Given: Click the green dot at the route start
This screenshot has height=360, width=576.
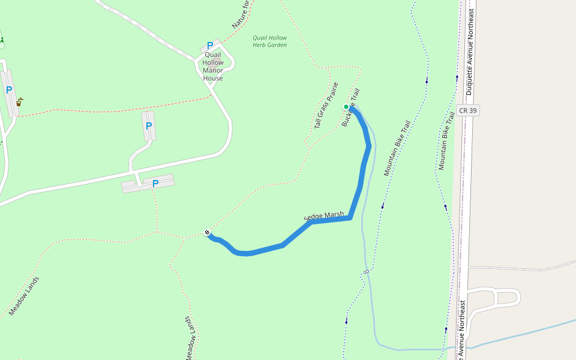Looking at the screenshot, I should click(x=346, y=107).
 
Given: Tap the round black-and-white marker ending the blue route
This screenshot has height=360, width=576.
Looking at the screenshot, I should click(x=207, y=233).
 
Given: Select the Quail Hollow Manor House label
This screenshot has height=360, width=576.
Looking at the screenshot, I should click(x=213, y=67).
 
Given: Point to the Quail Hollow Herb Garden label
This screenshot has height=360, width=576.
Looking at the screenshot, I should click(x=269, y=41).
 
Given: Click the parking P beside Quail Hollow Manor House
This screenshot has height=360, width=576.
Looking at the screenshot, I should click(x=210, y=46).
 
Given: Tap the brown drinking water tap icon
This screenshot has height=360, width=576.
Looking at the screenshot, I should click(x=19, y=102).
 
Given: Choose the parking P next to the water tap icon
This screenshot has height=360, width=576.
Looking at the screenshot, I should click(x=9, y=91).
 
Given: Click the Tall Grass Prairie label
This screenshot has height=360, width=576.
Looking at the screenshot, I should click(x=326, y=106).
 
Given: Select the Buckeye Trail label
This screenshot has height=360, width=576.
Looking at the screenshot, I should click(x=350, y=108).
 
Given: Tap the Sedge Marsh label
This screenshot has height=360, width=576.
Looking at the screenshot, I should click(x=324, y=216).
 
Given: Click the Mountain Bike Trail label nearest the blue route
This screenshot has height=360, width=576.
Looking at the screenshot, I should click(x=397, y=148).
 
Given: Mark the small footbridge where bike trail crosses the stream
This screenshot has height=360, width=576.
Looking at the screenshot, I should click(x=366, y=272).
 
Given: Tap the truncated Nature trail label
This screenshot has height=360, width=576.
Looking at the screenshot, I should click(x=240, y=14).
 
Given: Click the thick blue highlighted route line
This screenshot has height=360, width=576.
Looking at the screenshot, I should click(x=360, y=186).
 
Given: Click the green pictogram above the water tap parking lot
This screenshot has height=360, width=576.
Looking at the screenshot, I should click(x=2, y=41).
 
